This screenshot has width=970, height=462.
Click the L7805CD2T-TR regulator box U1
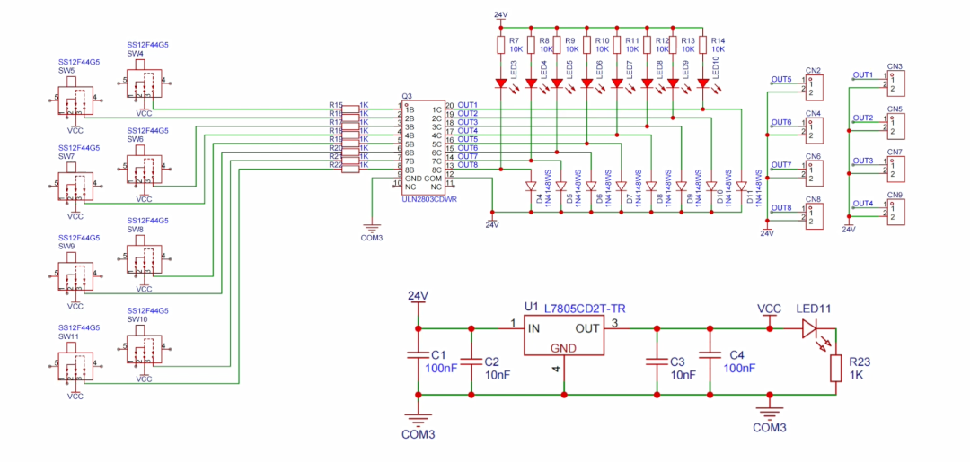pyautogui.click(x=564, y=338)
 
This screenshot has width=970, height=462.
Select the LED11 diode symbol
pyautogui.click(x=811, y=329)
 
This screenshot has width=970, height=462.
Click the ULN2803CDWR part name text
pyautogui.click(x=428, y=200)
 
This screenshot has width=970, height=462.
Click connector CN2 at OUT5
pyautogui.click(x=814, y=88)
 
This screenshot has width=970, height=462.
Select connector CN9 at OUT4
pyautogui.click(x=895, y=213)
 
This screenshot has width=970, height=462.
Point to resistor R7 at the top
pyautogui.click(x=500, y=46)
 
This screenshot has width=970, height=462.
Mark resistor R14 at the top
pyautogui.click(x=702, y=46)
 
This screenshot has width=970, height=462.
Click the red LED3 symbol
pyautogui.click(x=500, y=83)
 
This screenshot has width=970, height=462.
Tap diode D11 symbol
pyautogui.click(x=741, y=187)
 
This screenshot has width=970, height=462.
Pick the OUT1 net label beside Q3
pyautogui.click(x=467, y=105)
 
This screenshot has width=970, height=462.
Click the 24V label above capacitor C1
pyautogui.click(x=418, y=296)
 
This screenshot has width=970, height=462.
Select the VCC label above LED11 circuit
pyautogui.click(x=769, y=309)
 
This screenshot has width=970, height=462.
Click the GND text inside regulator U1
pyautogui.click(x=563, y=348)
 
